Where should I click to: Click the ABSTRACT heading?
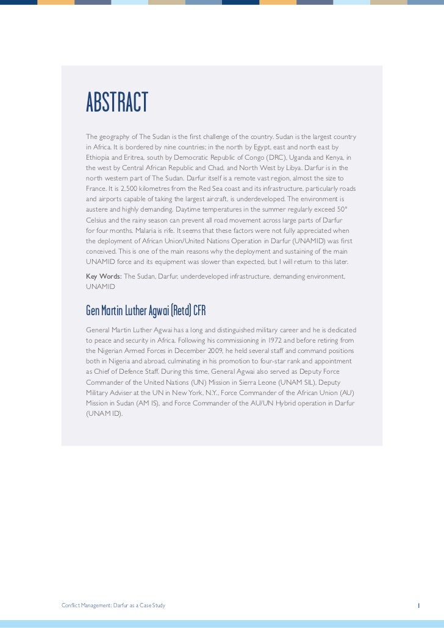pos(117,103)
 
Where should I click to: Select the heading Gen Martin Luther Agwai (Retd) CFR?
pos(146,311)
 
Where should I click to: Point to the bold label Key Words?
pos(104,276)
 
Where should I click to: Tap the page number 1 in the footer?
pos(418,588)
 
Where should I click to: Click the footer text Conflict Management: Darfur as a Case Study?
pos(113,588)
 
